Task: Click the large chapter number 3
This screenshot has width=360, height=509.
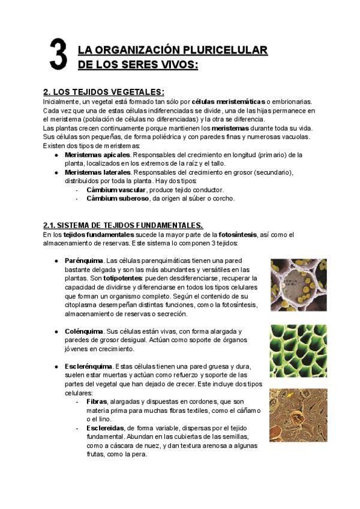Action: tap(57, 55)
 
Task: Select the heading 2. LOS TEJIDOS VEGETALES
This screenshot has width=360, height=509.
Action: tap(104, 92)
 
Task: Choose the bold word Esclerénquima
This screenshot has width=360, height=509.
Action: tap(88, 366)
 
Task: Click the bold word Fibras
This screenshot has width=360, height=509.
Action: tap(97, 401)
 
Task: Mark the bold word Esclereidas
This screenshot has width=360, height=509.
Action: tap(106, 427)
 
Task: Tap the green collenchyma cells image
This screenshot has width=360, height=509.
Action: tap(298, 351)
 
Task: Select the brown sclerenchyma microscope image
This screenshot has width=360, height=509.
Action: tap(298, 415)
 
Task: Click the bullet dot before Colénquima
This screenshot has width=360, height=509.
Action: tap(56, 331)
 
